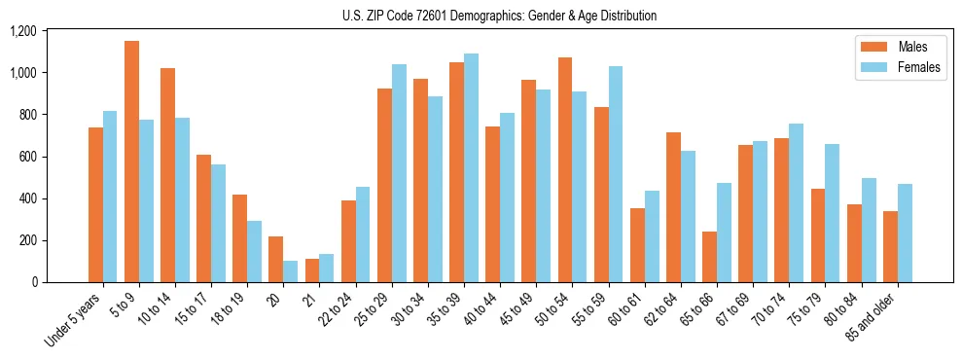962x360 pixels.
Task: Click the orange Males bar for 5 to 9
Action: coord(131,162)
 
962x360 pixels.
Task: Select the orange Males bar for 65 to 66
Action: coord(709,257)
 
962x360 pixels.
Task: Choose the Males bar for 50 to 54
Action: coord(565,170)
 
